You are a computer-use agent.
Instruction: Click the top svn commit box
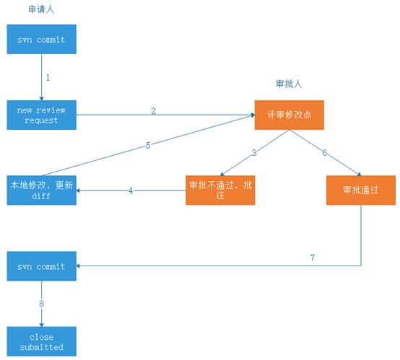point(41,40)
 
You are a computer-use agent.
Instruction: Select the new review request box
point(41,115)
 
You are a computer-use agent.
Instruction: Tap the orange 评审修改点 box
point(289,115)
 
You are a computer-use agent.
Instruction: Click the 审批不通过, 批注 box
point(220,190)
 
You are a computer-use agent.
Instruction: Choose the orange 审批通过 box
point(360,190)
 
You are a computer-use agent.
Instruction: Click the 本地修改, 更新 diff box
point(41,190)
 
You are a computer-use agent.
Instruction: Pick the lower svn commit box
point(41,266)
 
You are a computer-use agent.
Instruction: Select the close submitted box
point(41,341)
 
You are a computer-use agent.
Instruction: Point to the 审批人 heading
point(289,84)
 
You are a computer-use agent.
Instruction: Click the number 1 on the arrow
point(48,76)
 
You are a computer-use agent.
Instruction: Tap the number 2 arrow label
point(153,110)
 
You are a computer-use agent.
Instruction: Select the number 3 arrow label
point(254,152)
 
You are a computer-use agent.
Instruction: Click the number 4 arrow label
point(131,191)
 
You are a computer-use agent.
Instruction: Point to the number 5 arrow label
point(148,145)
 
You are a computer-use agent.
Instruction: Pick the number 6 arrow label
point(325,152)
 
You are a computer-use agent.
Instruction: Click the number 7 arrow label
point(312,258)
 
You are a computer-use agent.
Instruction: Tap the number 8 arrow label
point(41,304)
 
